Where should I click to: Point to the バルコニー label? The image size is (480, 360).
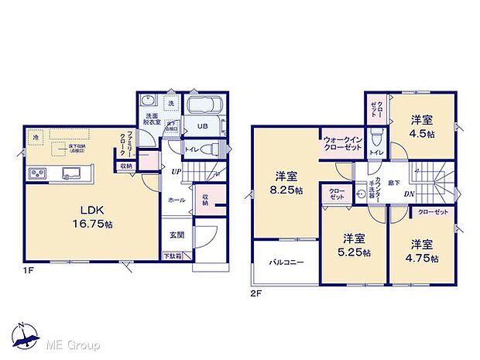pyautogui.click(x=286, y=262)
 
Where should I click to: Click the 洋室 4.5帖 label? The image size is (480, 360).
pyautogui.click(x=422, y=125)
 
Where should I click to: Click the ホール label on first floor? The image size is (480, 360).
pyautogui.click(x=176, y=200)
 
